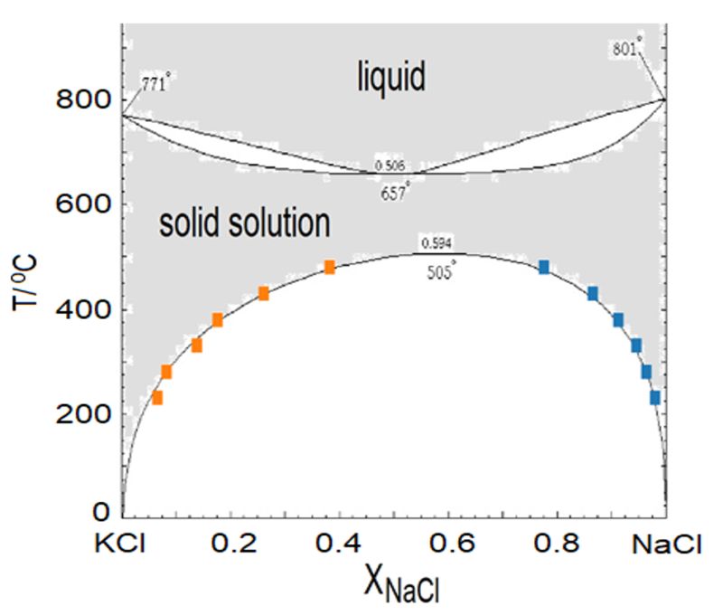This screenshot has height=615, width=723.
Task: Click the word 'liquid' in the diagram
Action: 388,79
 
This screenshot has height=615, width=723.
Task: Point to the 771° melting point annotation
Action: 155,85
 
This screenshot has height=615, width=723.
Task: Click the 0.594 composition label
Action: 435,243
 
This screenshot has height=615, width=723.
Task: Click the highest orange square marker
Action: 330,267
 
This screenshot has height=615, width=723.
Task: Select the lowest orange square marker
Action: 157,397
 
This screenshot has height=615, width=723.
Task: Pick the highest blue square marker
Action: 544,267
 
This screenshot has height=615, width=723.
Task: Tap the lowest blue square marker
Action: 655,397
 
